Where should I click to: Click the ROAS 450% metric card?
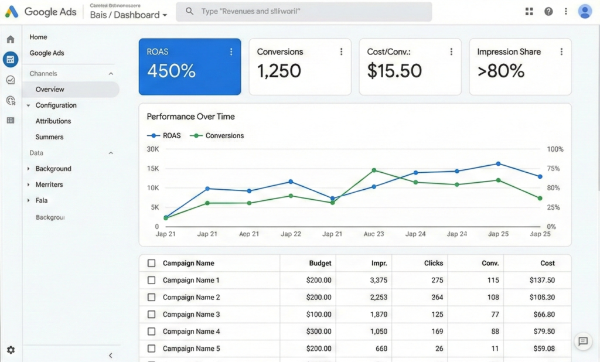[x=189, y=66]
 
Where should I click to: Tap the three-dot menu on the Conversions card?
[x=341, y=52]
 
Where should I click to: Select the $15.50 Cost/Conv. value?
[x=394, y=71]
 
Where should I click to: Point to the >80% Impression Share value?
[x=501, y=71]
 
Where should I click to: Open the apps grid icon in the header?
[x=529, y=12]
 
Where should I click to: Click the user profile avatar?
[x=584, y=12]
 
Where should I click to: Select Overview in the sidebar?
[x=50, y=90]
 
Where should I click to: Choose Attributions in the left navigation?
[x=53, y=121]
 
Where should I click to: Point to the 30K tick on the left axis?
[x=152, y=149]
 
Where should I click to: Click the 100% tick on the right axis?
[x=555, y=149]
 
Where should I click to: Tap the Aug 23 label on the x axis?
[x=373, y=234]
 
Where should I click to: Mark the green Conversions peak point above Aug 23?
[x=374, y=170]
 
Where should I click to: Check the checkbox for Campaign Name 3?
[x=152, y=315]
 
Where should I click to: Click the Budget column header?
[x=320, y=264]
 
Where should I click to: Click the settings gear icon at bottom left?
[x=11, y=350]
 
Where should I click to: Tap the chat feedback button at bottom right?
[x=582, y=341]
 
